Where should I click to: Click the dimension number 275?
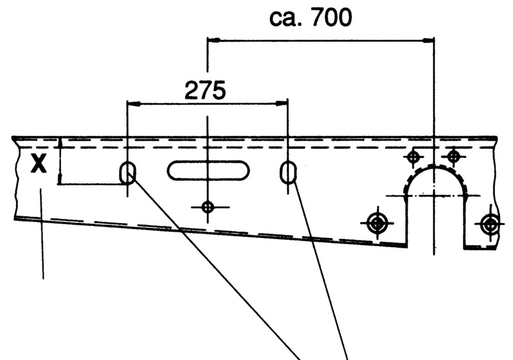click(205, 90)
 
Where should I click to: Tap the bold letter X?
click(39, 166)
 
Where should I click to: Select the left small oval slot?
click(128, 173)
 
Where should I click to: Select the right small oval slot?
click(287, 172)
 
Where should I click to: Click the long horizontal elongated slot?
click(207, 171)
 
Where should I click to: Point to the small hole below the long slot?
click(207, 207)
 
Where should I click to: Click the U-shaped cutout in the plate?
click(435, 205)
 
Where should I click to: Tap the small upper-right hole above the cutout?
click(453, 156)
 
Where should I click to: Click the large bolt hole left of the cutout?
click(376, 223)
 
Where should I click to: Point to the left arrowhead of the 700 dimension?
click(212, 40)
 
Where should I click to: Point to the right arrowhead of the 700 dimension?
click(430, 40)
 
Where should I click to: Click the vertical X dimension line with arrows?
click(59, 161)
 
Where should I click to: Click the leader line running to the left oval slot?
click(212, 263)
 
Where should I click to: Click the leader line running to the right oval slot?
click(321, 263)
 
